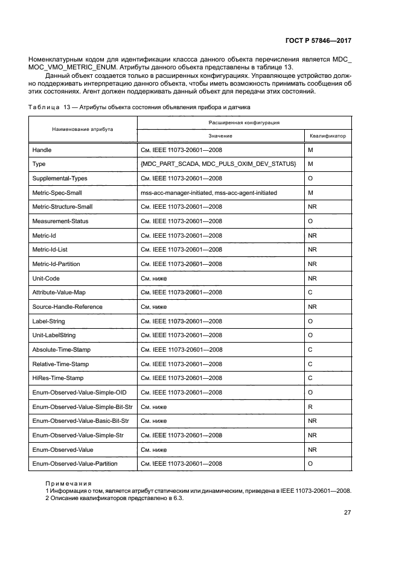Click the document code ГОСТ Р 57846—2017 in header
pos(319,41)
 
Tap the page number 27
pos(347,513)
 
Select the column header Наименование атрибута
pos(83,129)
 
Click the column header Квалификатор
pos(328,136)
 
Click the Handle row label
pos(41,150)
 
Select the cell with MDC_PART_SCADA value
pos(218,164)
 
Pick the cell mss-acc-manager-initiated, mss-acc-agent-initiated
pos(209,192)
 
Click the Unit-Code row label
pos(46,278)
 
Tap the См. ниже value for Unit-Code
pos(154,278)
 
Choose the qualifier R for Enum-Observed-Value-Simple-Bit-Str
pos(310,407)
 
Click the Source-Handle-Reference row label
pos(67,306)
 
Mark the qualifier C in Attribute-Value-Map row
pos(310,293)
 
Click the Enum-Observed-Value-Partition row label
pos(75,464)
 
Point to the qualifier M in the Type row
pos(310,164)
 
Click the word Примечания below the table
pos(69,484)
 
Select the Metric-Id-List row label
pos(50,250)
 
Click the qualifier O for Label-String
pos(310,321)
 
